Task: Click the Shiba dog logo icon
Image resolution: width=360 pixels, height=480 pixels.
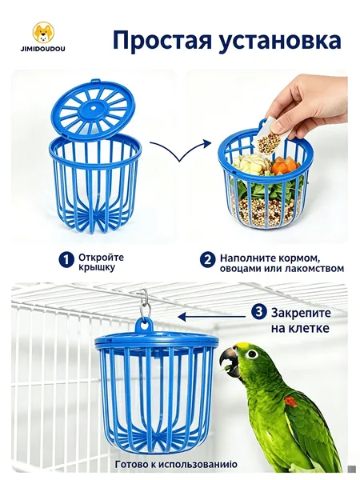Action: (x=43, y=32)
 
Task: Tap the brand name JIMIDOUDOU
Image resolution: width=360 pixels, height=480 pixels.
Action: (x=43, y=49)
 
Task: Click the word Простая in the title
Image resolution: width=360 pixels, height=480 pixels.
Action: (x=162, y=41)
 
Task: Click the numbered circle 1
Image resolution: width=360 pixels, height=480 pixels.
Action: (x=66, y=260)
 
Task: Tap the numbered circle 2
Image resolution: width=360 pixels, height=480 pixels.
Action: (x=207, y=260)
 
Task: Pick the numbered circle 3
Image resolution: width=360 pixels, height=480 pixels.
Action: (x=258, y=312)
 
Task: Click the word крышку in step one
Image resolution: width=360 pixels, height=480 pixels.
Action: (x=93, y=267)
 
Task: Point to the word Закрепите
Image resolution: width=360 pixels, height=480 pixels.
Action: (x=302, y=313)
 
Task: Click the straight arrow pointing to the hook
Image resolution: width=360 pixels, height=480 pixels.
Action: (x=212, y=317)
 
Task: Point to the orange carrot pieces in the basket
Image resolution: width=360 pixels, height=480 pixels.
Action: (x=286, y=166)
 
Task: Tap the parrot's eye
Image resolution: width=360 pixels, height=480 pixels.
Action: (x=252, y=354)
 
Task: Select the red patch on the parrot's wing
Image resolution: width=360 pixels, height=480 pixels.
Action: (x=290, y=402)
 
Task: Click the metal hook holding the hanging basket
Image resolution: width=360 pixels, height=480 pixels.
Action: (x=144, y=302)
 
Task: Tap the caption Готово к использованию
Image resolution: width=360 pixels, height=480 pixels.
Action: (x=176, y=464)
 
